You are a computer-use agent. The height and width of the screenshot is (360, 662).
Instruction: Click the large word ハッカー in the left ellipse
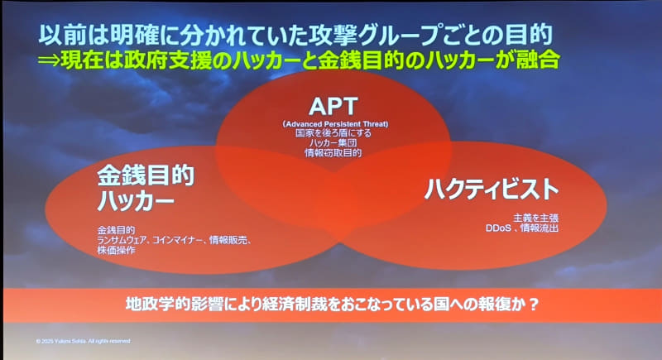pyautogui.click(x=136, y=201)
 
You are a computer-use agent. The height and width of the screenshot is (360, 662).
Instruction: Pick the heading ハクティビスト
pyautogui.click(x=492, y=189)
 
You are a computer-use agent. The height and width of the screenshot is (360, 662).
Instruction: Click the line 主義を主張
pyautogui.click(x=529, y=217)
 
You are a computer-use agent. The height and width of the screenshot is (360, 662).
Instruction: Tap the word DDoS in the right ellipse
pyautogui.click(x=499, y=227)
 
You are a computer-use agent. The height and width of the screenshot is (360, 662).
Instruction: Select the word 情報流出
pyautogui.click(x=540, y=227)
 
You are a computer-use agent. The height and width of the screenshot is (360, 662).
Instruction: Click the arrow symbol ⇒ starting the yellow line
pyautogui.click(x=54, y=60)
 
